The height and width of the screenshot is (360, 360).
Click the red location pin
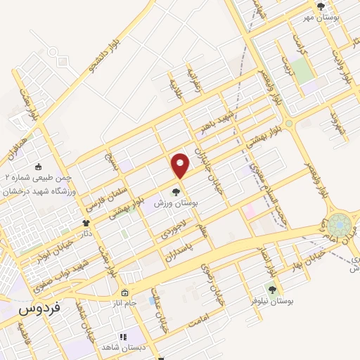(181, 166)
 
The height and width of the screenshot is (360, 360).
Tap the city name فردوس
(39, 308)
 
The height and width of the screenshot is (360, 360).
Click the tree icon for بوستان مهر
(321, 7)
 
